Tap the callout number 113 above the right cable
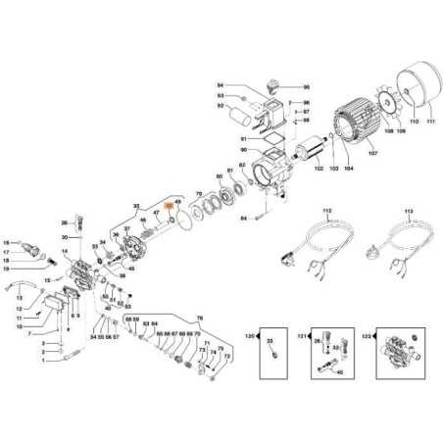click(x=409, y=210)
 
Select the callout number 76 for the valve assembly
click(x=200, y=320)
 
